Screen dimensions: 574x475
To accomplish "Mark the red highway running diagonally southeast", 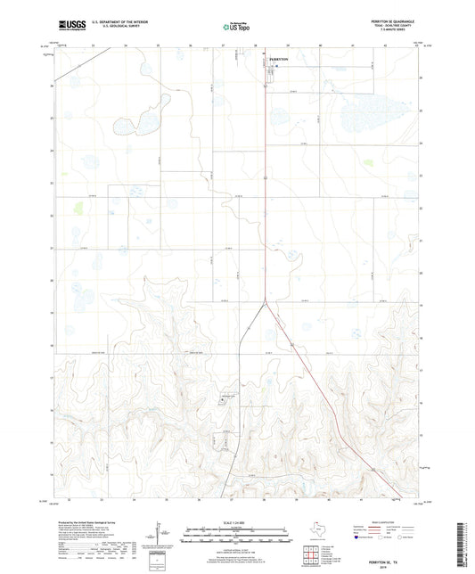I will (x=321, y=392).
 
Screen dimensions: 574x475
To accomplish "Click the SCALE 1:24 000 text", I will (x=237, y=521).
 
